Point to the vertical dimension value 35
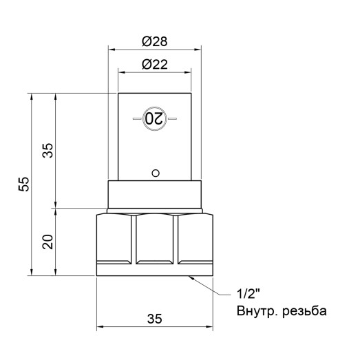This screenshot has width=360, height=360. tap(47, 150)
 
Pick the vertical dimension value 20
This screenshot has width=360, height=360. tap(47, 241)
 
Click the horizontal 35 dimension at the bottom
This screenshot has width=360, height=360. tap(155, 318)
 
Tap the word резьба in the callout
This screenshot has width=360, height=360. tap(303, 312)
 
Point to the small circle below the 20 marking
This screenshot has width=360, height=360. tap(156, 172)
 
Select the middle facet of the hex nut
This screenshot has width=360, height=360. tap(156, 241)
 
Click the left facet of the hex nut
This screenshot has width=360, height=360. tap(115, 241)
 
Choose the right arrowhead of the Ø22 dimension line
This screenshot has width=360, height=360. tap(189, 72)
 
